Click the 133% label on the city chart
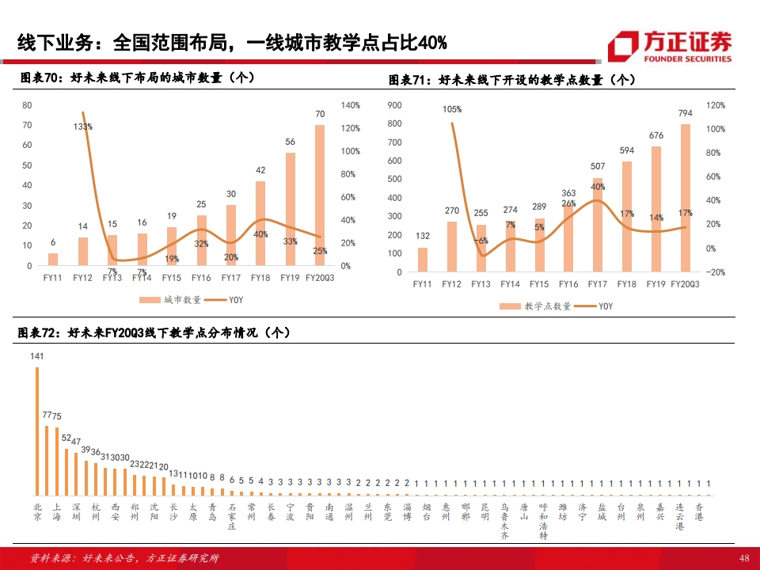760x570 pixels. (x=83, y=126)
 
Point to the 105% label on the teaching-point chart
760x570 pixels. (x=452, y=109)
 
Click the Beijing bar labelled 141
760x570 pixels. (x=37, y=431)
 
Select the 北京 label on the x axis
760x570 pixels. (x=37, y=511)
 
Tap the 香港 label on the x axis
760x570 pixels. (x=698, y=511)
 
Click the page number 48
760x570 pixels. (x=743, y=558)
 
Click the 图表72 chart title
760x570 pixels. (x=154, y=333)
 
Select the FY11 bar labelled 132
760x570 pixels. (x=423, y=259)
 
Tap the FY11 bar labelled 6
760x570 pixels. (x=53, y=260)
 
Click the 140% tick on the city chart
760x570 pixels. (x=351, y=105)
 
